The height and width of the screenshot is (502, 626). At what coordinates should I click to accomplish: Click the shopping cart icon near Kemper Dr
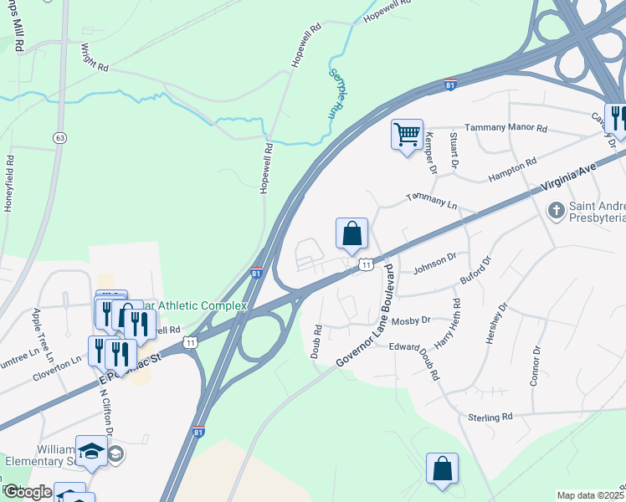pyautogui.click(x=407, y=133)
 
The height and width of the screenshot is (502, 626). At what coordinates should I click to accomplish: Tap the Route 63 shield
pyautogui.click(x=59, y=136)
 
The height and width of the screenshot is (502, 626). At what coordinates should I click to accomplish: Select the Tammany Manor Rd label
pyautogui.click(x=505, y=128)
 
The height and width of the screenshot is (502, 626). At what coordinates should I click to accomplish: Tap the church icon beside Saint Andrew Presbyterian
pyautogui.click(x=554, y=210)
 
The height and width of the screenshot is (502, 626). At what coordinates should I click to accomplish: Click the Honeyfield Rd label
pyautogui.click(x=9, y=182)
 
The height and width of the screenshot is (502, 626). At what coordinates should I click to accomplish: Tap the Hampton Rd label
pyautogui.click(x=512, y=171)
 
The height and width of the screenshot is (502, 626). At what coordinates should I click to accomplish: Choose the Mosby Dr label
pyautogui.click(x=411, y=320)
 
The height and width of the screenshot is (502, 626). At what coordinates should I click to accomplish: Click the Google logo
pyautogui.click(x=28, y=492)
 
